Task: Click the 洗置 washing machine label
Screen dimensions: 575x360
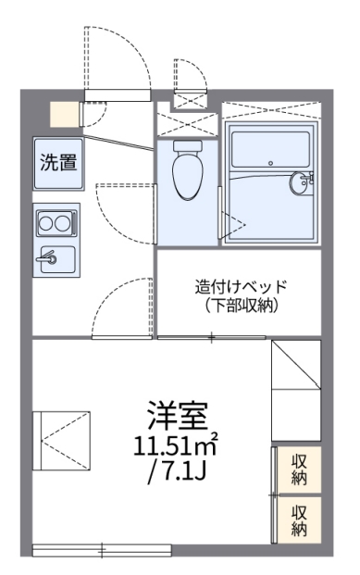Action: tap(58, 161)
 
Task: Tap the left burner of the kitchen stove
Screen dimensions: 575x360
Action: tap(46, 223)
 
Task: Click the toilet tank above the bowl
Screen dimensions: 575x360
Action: tap(187, 146)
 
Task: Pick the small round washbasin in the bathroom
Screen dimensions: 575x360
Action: tap(301, 182)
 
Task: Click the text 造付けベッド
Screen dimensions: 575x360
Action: tap(241, 286)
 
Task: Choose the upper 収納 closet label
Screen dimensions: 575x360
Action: tap(299, 470)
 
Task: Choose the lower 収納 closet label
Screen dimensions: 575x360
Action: tap(299, 519)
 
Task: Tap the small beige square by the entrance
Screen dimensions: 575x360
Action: tap(64, 112)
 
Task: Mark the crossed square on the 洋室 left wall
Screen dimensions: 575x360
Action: tap(63, 437)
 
